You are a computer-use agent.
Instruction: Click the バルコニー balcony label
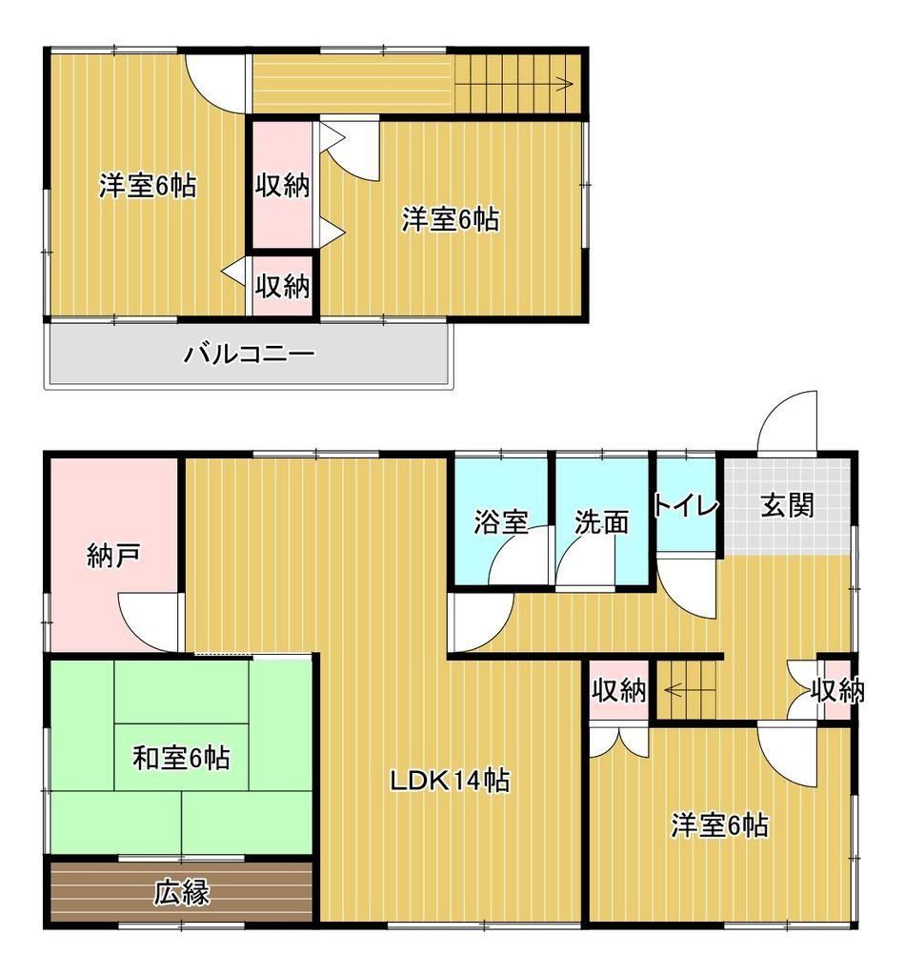249,355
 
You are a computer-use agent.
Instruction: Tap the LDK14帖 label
450,780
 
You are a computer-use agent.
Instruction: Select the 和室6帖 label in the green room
181,758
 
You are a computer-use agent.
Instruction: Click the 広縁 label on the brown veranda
182,892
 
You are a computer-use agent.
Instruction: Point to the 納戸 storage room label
112,556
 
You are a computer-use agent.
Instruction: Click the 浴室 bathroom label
501,521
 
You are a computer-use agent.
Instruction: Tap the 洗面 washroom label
601,521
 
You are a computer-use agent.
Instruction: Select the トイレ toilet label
686,505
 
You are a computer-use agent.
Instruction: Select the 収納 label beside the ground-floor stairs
618,690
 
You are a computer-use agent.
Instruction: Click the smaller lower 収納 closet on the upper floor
282,286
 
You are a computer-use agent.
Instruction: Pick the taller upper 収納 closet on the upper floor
282,185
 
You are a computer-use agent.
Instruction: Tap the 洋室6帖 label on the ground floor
719,825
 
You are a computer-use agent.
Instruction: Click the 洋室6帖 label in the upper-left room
148,186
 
